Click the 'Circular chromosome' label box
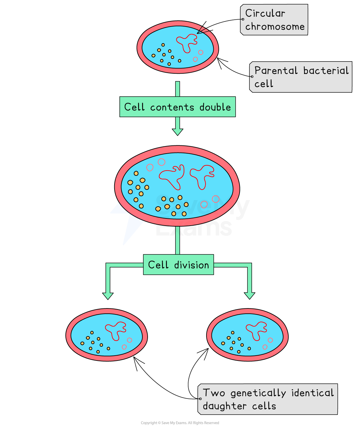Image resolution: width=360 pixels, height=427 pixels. coord(274,20)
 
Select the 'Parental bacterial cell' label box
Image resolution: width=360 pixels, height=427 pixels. coord(301,77)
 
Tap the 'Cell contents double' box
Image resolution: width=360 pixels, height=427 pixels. coord(177,107)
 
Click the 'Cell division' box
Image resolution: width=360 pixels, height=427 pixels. coord(178,265)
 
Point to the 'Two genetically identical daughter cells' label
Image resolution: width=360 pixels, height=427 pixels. coord(268,399)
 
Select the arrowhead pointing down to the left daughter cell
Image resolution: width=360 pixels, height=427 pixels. coord(108,295)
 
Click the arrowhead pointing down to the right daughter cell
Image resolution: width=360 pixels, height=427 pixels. coord(249,295)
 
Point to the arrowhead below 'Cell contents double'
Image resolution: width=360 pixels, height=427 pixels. coord(177,132)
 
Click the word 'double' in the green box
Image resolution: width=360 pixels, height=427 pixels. coord(215,107)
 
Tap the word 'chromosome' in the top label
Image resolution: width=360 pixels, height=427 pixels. coord(275,27)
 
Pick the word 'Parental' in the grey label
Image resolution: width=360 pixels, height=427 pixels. coord(276,71)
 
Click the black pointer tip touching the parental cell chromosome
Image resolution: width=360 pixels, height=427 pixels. coord(198,33)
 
